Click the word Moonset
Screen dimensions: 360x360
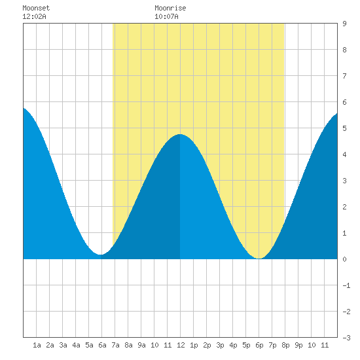(36, 8)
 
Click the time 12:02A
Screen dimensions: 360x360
(34, 16)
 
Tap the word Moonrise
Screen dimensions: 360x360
(170, 8)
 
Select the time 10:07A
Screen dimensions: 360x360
(166, 16)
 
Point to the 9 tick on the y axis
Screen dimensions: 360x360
(344, 24)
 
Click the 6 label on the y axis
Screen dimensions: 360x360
(344, 102)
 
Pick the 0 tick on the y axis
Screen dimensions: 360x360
(344, 259)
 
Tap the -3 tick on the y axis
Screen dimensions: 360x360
(346, 338)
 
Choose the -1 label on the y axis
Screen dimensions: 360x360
(346, 285)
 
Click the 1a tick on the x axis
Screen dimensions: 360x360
(37, 345)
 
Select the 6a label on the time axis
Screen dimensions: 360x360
(102, 345)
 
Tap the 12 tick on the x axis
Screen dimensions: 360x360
(181, 345)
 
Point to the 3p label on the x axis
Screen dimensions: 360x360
(220, 345)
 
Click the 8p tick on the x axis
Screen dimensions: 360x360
(285, 345)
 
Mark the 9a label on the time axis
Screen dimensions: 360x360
(141, 345)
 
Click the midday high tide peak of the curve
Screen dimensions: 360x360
(180, 134)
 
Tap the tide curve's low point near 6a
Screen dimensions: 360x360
(100, 255)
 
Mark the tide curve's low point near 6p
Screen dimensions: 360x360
(259, 259)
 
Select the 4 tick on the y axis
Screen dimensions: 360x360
(344, 154)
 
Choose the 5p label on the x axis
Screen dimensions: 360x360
(246, 345)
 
